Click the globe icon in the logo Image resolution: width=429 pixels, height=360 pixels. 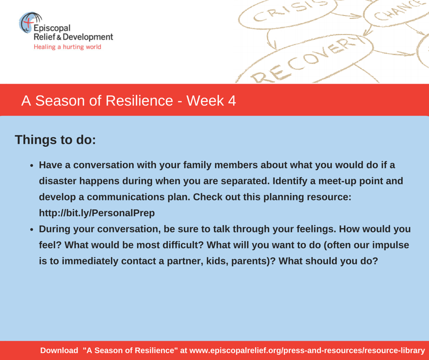29,22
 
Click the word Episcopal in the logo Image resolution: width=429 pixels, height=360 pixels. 52,28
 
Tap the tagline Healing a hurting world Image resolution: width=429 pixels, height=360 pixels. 67,47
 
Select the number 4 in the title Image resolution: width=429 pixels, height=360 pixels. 232,101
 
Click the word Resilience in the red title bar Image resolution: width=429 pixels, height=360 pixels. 139,101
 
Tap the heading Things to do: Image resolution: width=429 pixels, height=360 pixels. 55,139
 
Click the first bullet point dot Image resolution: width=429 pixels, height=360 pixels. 32,166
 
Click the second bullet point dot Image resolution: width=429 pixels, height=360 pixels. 32,230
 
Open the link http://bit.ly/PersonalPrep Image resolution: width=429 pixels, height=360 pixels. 97,213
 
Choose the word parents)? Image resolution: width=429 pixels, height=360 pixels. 253,261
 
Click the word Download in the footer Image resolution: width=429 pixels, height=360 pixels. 59,350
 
